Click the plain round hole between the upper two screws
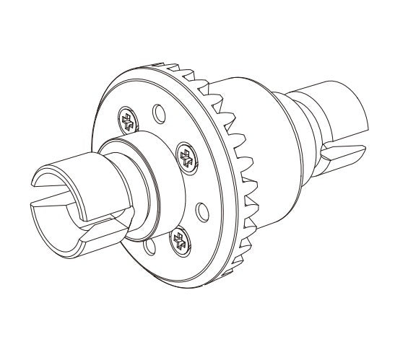pyautogui.click(x=155, y=115)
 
